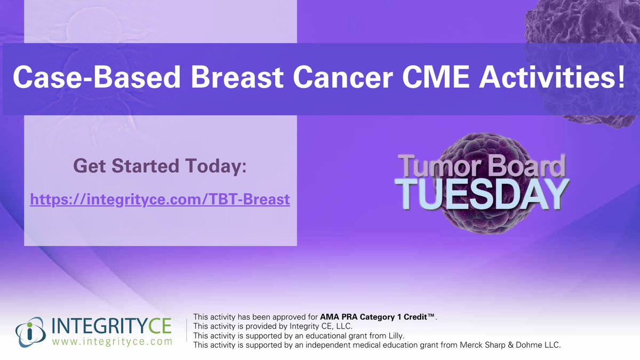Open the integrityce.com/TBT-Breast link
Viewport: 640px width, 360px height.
[160, 200]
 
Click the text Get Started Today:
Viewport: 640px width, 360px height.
[160, 166]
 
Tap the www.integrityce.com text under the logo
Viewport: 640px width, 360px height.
[112, 341]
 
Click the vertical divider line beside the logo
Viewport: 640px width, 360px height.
[186, 331]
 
